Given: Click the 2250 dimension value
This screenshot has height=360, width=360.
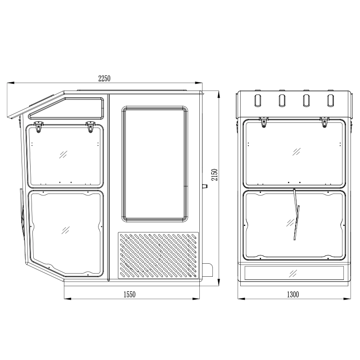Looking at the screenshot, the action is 104,78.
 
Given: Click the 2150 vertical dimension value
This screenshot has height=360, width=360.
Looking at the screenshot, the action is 215,175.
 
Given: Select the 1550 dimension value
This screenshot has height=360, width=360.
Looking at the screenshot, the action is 130,294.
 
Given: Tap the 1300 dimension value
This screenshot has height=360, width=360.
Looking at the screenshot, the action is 293,294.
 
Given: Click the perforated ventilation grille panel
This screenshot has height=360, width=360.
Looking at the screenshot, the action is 158,255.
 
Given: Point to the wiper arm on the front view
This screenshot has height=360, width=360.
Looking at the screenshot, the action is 296,215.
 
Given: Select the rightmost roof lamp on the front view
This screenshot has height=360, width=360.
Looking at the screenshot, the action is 331,100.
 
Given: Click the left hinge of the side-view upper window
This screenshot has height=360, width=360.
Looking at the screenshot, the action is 38,127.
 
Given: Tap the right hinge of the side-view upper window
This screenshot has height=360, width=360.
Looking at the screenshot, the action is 90,127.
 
